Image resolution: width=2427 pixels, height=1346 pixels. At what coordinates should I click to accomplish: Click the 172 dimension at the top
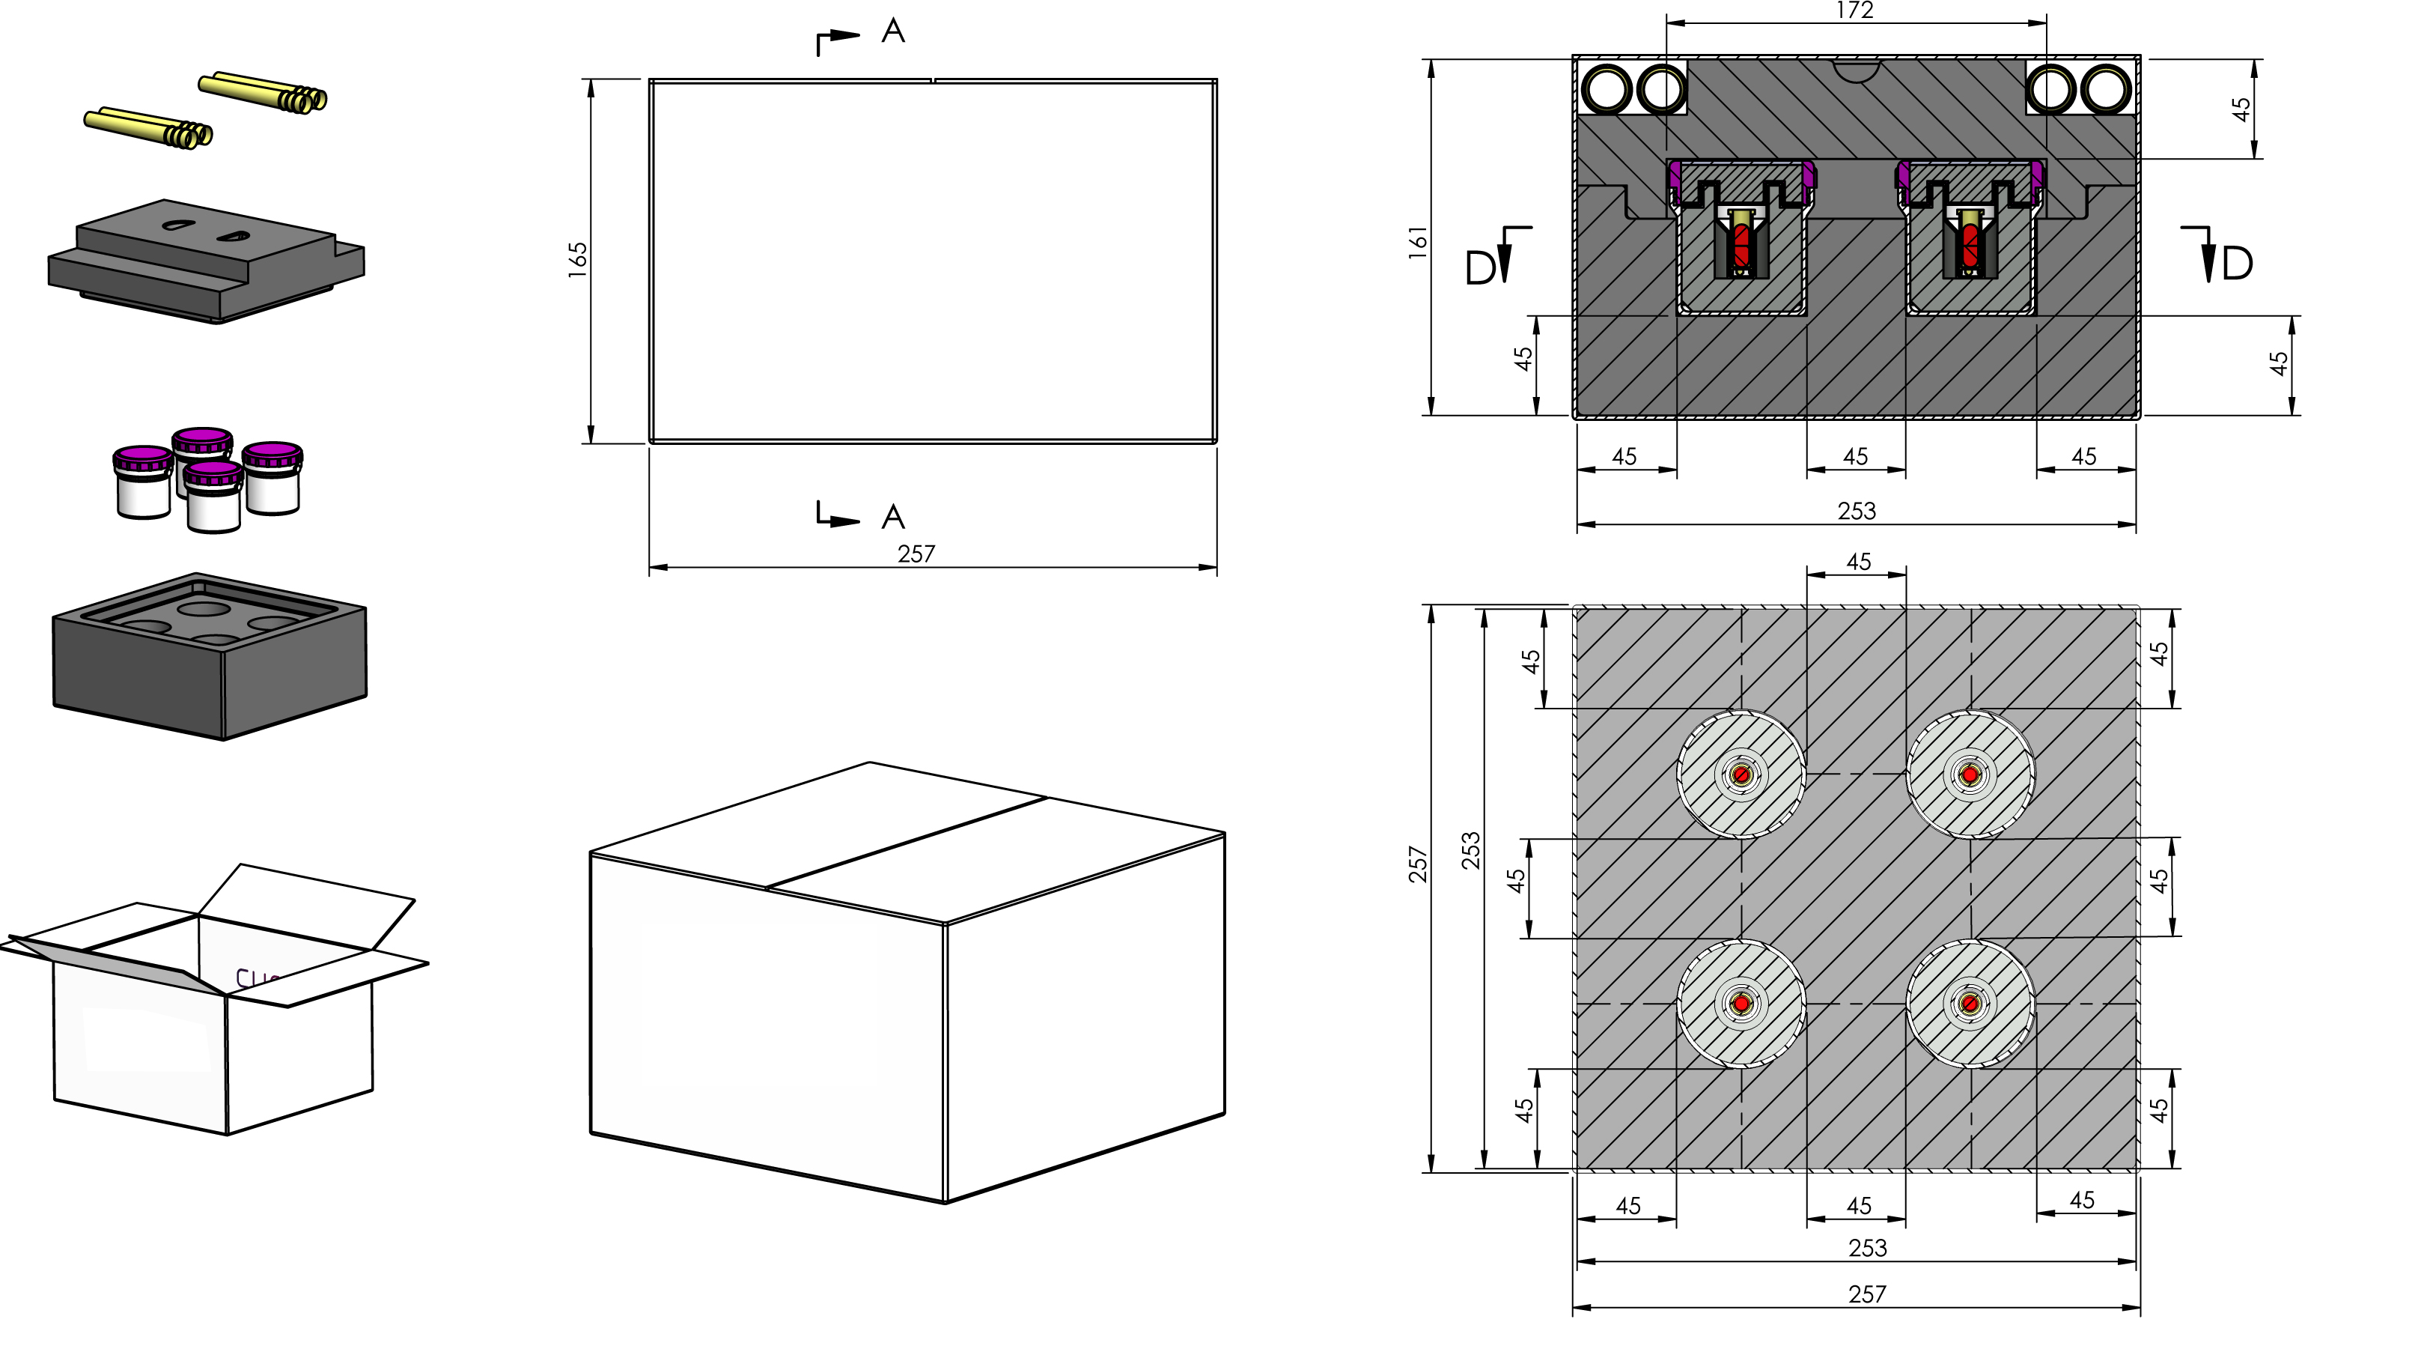click(x=1854, y=10)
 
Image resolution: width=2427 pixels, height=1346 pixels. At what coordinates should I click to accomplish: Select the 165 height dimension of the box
click(x=577, y=260)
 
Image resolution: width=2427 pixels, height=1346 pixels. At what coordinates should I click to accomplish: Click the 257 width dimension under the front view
click(x=916, y=554)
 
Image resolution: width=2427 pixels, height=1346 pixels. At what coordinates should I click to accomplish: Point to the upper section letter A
click(x=893, y=31)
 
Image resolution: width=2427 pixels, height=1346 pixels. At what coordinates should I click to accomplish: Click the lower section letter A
click(x=893, y=517)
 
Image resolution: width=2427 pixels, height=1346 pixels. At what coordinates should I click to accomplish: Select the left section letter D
click(x=1480, y=269)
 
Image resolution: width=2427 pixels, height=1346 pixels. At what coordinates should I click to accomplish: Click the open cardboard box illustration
click(x=215, y=999)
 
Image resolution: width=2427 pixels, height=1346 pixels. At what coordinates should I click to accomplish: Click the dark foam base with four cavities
click(x=209, y=656)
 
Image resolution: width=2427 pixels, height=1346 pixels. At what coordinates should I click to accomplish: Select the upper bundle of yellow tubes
click(x=263, y=91)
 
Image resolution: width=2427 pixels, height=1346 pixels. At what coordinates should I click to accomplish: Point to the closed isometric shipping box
click(x=907, y=982)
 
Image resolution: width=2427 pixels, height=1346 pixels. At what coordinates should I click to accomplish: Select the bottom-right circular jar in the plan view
click(x=1970, y=1004)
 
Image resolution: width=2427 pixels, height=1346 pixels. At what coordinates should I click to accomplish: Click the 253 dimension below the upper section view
click(x=1856, y=511)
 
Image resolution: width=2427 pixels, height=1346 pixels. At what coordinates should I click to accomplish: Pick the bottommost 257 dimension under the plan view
click(x=1866, y=1294)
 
